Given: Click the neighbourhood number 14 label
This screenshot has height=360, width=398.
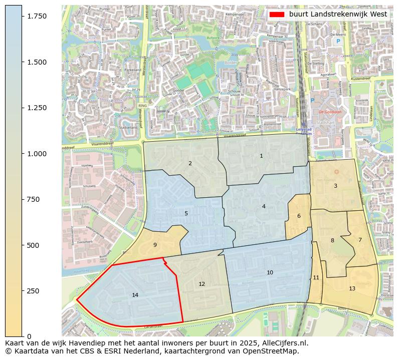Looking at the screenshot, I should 135,295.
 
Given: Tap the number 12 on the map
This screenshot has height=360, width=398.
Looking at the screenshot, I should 202,284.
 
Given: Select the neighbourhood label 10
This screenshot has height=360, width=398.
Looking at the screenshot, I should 270,273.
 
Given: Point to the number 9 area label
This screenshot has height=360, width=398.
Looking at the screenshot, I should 155,245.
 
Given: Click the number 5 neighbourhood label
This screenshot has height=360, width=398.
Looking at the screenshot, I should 186,213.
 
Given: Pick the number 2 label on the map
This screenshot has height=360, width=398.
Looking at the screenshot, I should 190,163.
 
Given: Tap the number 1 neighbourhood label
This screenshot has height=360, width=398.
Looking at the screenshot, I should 261,156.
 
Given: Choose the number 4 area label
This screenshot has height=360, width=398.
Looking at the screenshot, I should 264,206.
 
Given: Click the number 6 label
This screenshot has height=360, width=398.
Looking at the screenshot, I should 299,216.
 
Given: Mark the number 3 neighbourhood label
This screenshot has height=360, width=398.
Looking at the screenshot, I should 335,186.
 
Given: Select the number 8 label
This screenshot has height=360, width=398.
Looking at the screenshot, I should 332,240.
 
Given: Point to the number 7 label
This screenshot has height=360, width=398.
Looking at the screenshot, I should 360,240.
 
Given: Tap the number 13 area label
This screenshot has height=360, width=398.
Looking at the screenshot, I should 352,289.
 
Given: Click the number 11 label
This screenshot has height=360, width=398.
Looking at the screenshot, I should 316,278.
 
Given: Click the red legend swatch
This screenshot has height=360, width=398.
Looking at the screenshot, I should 277,15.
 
